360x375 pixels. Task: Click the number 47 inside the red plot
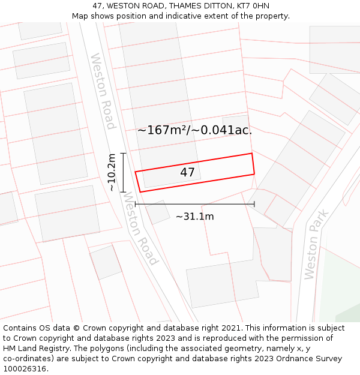coord(187,172)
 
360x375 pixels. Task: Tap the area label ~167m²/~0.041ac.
coord(194,130)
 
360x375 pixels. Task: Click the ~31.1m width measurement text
coord(194,217)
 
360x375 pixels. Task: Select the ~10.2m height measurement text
coord(112,173)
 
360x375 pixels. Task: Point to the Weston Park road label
coord(317,244)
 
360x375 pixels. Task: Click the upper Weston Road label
coord(103,91)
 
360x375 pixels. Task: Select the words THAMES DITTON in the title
coord(198,6)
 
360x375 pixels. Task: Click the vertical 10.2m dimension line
coord(123,173)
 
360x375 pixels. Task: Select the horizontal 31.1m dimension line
coord(194,205)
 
